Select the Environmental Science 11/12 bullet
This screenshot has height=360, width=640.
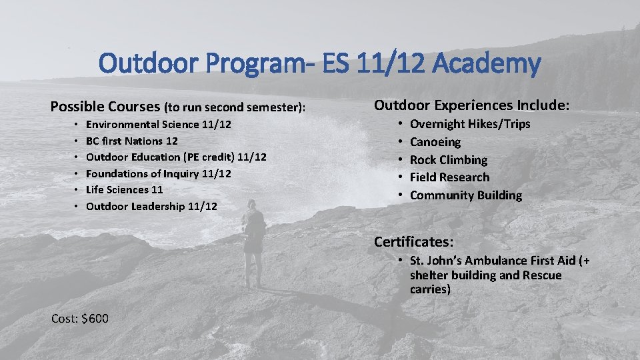[159, 124]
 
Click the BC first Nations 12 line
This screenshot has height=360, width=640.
[132, 141]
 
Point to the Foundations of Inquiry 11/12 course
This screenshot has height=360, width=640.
[159, 173]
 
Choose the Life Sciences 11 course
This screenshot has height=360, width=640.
[124, 190]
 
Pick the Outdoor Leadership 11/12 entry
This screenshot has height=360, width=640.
[151, 207]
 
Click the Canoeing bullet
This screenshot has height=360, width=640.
[435, 142]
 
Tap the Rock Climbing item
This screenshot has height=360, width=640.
[448, 160]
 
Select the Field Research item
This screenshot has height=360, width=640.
[449, 177]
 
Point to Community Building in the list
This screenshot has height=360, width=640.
[465, 195]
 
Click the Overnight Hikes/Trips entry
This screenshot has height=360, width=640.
[470, 124]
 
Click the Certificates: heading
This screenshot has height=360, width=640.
[413, 241]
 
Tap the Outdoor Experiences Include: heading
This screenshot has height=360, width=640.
[471, 105]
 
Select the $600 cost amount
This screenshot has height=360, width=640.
[96, 319]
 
